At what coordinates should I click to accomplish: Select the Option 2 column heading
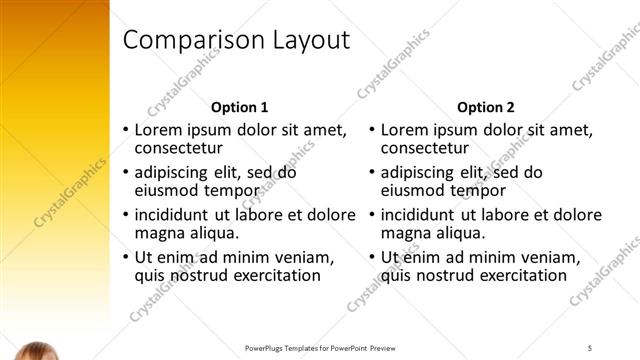coord(485,107)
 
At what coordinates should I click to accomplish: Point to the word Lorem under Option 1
coord(160,130)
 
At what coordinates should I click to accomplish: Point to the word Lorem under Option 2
coord(406,130)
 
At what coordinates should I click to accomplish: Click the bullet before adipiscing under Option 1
coord(125,172)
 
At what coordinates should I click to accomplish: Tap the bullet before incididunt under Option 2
coord(371,215)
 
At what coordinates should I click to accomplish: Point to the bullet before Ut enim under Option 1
coord(125,257)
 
